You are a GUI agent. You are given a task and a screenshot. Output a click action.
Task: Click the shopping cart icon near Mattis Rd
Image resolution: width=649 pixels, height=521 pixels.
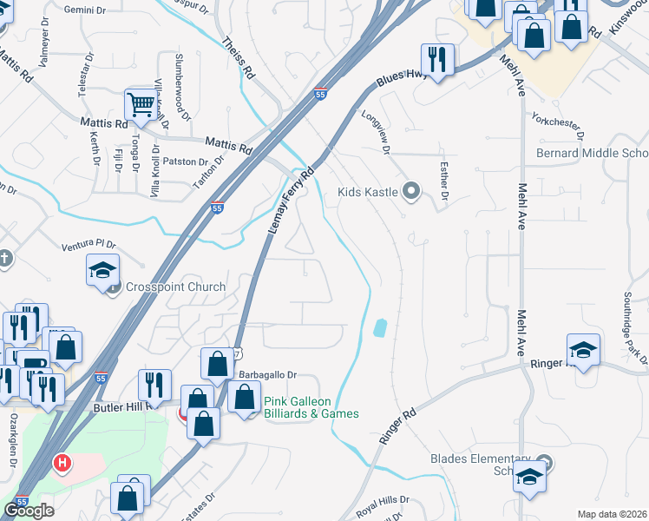139,104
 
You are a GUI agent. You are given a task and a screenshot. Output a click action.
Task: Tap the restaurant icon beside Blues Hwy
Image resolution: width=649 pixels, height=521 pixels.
436,60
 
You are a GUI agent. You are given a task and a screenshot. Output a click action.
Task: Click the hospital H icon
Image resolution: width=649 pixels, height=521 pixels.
62,463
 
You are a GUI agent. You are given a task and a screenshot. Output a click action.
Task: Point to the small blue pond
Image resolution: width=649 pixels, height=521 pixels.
379,327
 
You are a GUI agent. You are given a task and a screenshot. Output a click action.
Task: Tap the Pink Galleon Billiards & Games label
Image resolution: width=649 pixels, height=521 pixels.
311,407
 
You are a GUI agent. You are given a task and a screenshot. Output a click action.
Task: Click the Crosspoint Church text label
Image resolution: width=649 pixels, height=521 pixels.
175,287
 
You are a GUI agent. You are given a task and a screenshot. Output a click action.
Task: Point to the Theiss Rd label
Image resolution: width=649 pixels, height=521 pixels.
237,57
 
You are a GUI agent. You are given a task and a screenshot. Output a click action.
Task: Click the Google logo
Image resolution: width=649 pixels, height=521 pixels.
29,511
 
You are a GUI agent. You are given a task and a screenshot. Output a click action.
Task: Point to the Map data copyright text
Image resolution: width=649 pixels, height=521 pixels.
612,514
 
